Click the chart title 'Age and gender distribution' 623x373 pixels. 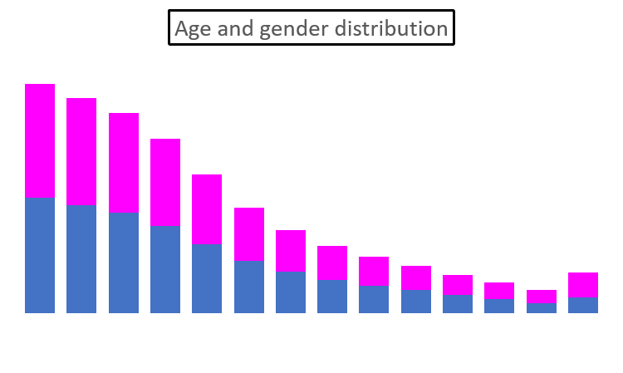point(311,28)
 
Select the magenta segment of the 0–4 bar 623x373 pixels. point(40,140)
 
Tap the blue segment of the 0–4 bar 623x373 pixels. point(40,254)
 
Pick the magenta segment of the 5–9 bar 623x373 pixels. point(81,151)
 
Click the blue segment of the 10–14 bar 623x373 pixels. point(124,262)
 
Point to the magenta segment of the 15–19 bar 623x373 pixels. point(165,182)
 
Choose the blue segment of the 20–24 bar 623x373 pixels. point(207,277)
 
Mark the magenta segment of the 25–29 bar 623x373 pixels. point(249,233)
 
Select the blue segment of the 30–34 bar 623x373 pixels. point(291,292)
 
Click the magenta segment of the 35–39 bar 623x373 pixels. point(332,263)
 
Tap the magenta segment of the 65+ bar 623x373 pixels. point(583,284)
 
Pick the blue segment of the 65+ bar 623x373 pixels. point(583,304)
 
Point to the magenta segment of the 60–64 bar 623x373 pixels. point(542,297)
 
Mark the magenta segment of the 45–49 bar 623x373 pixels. point(416,277)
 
